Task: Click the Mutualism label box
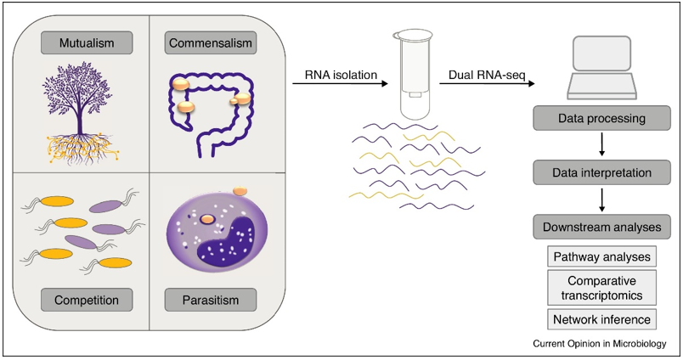click(x=87, y=42)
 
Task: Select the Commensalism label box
click(x=211, y=42)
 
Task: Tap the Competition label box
click(x=87, y=300)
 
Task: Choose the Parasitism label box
click(x=211, y=300)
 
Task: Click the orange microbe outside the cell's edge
click(x=240, y=191)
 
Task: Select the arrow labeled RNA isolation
click(x=340, y=83)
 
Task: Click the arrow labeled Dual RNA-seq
click(x=487, y=83)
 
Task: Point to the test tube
click(x=412, y=74)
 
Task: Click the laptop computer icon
click(x=601, y=68)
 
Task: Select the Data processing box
click(x=602, y=118)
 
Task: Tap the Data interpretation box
click(x=602, y=172)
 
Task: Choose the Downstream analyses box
click(x=602, y=227)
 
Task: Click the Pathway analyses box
click(x=602, y=256)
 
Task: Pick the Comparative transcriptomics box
click(x=602, y=288)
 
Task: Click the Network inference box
click(x=602, y=319)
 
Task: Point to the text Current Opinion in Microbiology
click(x=600, y=344)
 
